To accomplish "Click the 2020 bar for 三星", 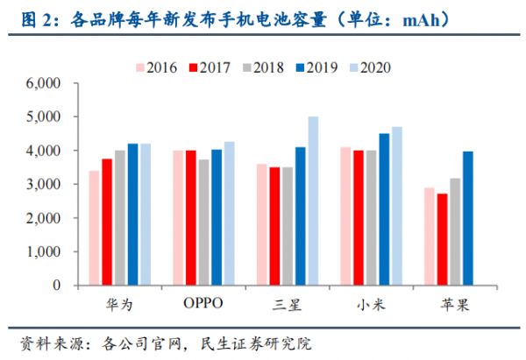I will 313,201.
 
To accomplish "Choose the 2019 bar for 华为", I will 133,214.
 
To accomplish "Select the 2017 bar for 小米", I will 358,217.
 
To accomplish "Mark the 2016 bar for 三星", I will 261,224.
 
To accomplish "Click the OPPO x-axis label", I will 203,304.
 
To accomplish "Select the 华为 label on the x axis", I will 120,304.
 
